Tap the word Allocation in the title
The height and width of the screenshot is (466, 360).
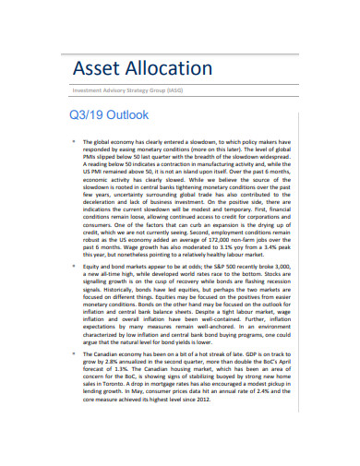(168, 70)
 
